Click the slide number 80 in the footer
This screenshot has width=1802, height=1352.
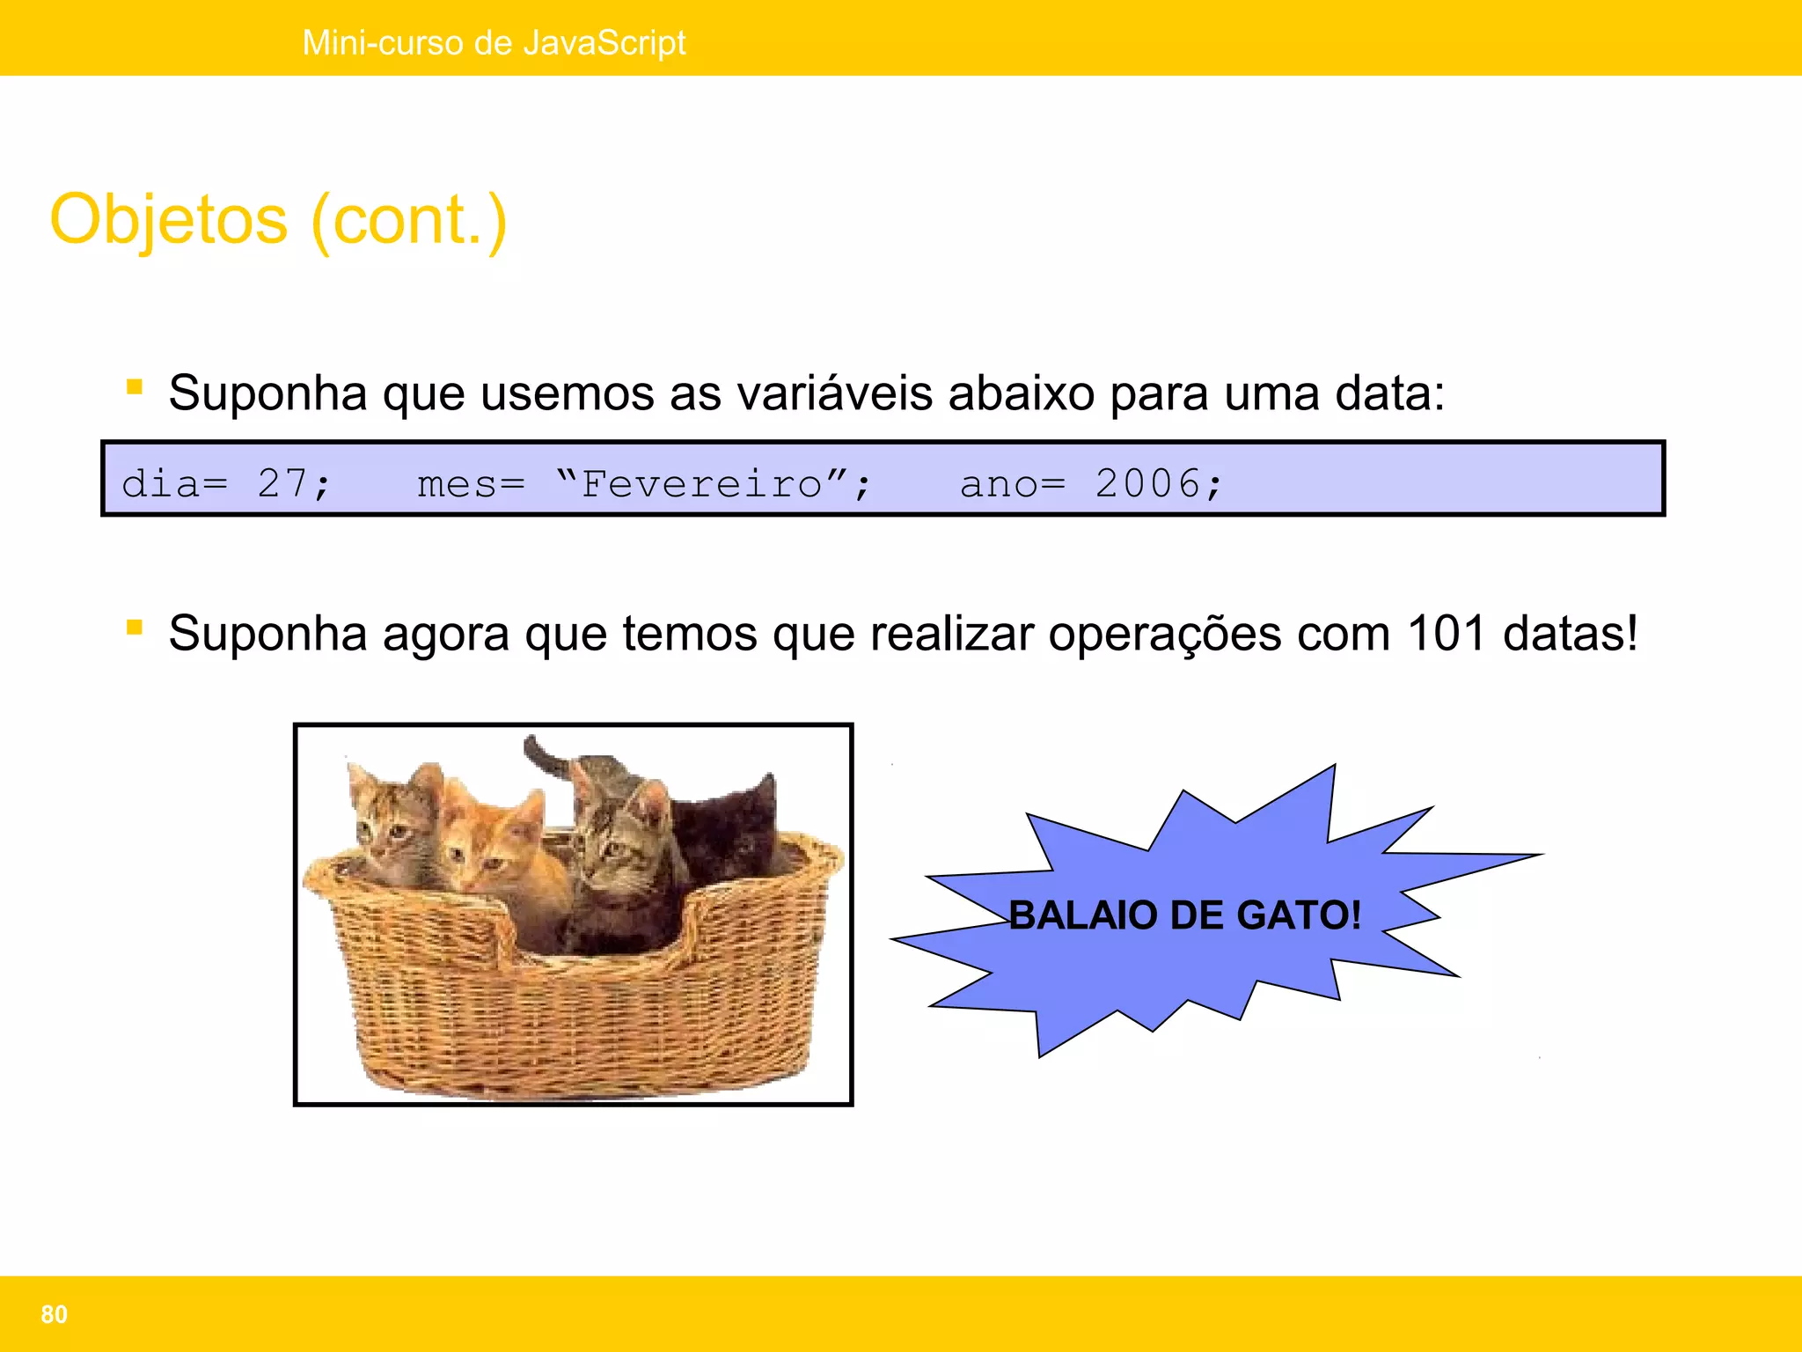point(54,1314)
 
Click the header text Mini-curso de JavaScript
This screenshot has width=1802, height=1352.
point(494,42)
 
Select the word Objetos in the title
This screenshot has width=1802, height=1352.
point(169,220)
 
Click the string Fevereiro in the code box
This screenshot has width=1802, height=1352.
point(701,483)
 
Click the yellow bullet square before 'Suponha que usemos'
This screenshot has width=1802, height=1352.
point(135,386)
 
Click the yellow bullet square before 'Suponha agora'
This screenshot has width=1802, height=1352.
point(135,627)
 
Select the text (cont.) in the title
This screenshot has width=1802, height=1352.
point(409,220)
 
